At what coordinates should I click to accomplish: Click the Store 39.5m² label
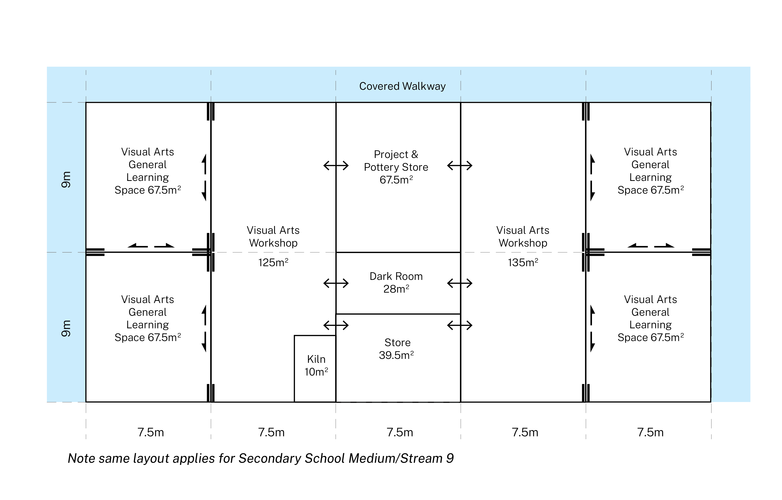click(x=397, y=349)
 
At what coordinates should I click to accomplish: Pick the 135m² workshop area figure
click(x=523, y=262)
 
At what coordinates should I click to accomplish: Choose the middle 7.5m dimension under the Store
click(x=400, y=432)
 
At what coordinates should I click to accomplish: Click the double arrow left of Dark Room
click(x=336, y=283)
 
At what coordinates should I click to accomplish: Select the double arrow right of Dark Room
click(x=460, y=283)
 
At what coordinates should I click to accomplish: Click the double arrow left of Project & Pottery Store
click(x=336, y=166)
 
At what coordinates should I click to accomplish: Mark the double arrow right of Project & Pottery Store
click(x=460, y=166)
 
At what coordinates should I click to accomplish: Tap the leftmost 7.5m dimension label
click(x=151, y=432)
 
